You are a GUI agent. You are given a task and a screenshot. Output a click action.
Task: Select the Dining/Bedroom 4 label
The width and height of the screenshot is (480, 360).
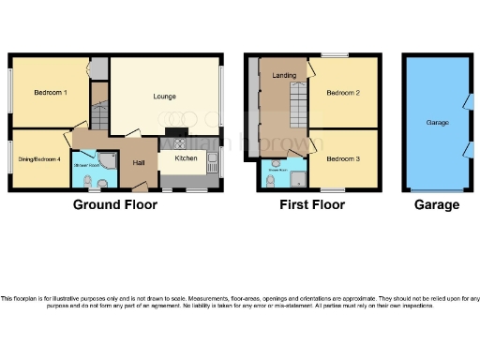click(x=38, y=159)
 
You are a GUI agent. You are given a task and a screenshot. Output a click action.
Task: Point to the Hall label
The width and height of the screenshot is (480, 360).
click(x=138, y=164)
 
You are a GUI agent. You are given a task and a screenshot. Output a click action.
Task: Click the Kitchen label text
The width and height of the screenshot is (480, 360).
click(x=186, y=158)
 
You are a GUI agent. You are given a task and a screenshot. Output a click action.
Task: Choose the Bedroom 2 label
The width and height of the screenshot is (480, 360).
click(x=344, y=94)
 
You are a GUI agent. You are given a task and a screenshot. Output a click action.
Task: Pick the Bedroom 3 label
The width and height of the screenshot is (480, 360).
click(x=344, y=158)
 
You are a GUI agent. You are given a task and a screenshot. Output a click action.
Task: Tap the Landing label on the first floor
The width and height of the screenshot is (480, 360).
click(x=284, y=75)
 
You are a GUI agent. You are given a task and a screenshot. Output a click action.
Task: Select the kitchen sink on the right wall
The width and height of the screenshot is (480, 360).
click(x=214, y=167)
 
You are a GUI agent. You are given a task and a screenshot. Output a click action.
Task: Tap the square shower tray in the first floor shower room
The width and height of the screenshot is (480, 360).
click(x=297, y=177)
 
